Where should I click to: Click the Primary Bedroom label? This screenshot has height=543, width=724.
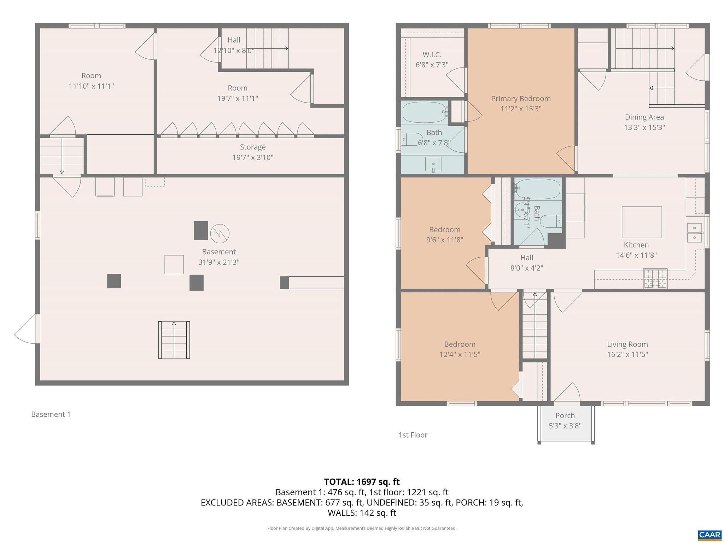521,99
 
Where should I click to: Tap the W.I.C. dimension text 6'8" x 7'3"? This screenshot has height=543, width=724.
432,65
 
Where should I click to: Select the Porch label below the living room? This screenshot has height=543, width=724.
565,416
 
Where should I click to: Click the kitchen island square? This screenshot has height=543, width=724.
642,222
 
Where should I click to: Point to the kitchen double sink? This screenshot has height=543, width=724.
695,233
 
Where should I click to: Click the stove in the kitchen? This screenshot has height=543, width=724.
655,279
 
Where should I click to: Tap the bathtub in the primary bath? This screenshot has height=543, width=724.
424,112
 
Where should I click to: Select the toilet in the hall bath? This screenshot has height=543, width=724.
551,221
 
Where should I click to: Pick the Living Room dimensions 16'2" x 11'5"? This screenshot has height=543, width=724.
627,355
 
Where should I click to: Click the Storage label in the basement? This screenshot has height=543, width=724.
253,147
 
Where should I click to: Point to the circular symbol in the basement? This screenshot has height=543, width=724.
220,233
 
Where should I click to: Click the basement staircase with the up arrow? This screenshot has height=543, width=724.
174,340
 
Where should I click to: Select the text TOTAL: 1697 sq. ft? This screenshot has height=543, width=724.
362,482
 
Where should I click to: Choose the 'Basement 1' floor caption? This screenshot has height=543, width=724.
51,414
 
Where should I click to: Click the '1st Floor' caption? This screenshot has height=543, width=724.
413,435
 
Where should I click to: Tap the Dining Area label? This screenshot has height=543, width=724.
644,117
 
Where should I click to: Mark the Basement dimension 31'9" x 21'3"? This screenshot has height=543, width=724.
219,262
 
